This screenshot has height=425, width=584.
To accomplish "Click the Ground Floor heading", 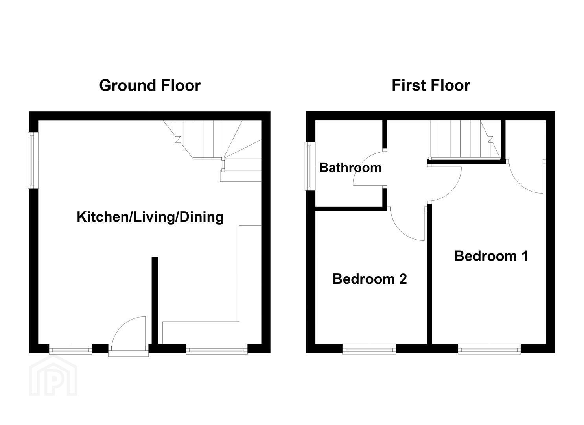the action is click(x=150, y=85).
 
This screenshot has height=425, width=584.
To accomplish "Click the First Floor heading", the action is click(x=431, y=85).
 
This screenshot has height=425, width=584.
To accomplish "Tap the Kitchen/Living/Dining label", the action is click(x=150, y=217).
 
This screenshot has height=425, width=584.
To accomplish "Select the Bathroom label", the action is click(x=350, y=168).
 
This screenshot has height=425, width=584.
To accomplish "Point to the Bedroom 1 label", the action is click(x=492, y=256).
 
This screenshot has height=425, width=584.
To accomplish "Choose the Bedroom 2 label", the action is click(x=370, y=279).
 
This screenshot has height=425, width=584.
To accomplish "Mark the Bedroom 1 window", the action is click(x=489, y=349).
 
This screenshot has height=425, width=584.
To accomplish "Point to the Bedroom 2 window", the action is click(x=369, y=349).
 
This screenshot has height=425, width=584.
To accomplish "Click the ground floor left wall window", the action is click(x=33, y=161).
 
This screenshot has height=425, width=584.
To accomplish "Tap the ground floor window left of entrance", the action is click(x=71, y=349).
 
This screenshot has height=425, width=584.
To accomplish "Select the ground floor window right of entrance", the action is click(x=217, y=349).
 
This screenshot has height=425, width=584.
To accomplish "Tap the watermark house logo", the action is click(x=53, y=376).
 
